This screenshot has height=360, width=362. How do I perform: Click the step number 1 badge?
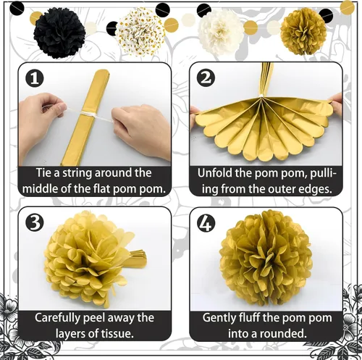(x=35, y=79)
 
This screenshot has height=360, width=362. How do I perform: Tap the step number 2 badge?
(x=206, y=78)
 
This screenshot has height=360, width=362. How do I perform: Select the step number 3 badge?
(x=35, y=222)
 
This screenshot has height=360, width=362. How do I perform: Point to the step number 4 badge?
(x=206, y=224)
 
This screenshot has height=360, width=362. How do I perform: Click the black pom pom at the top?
(x=59, y=33)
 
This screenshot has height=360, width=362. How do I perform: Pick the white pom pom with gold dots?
(x=140, y=31)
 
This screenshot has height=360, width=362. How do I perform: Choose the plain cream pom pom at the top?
(x=222, y=32)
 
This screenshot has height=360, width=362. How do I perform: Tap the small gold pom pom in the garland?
(x=303, y=31)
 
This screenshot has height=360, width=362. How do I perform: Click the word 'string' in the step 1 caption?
(x=77, y=173)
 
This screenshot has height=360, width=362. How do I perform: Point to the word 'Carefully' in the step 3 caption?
(x=58, y=318)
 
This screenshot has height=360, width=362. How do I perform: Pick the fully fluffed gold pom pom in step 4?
(x=266, y=258)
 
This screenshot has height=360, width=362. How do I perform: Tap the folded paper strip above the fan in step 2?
(x=266, y=79)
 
